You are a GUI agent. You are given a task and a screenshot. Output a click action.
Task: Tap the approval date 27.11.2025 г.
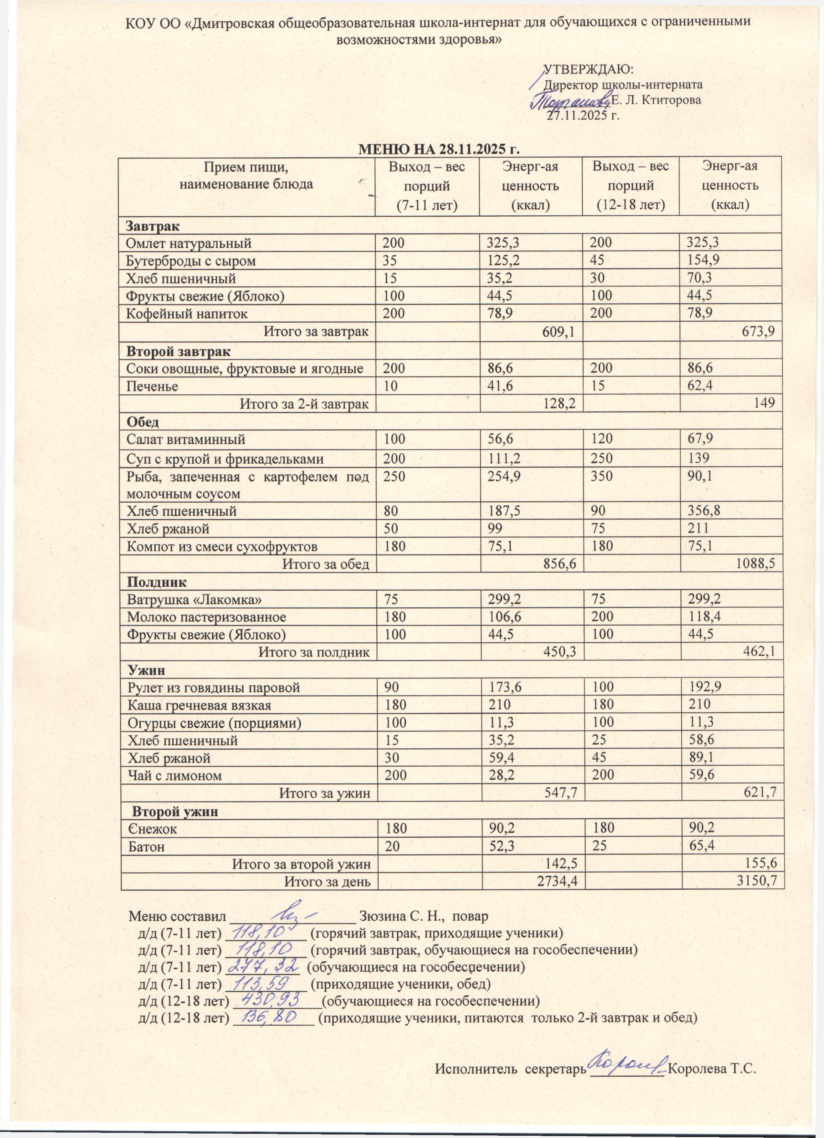point(583,116)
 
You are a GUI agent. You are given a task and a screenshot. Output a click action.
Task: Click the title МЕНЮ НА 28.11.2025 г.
point(438,150)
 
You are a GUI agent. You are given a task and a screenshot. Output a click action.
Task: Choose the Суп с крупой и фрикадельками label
point(225,459)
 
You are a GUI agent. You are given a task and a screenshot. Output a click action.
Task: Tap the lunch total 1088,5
point(755,564)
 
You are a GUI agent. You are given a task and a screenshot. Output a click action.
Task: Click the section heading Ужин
point(146,670)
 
